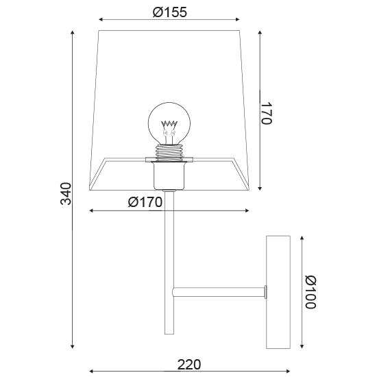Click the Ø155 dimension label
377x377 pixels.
pos(169,12)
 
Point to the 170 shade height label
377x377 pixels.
pos(267,112)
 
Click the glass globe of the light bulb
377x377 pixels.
pos(169,117)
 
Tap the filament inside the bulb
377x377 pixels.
pos(169,126)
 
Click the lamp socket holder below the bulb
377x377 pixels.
pos(169,175)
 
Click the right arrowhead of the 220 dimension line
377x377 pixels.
pos(287,371)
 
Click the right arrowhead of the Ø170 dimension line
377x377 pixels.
pos(245,210)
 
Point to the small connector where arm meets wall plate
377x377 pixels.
pos(264,293)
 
